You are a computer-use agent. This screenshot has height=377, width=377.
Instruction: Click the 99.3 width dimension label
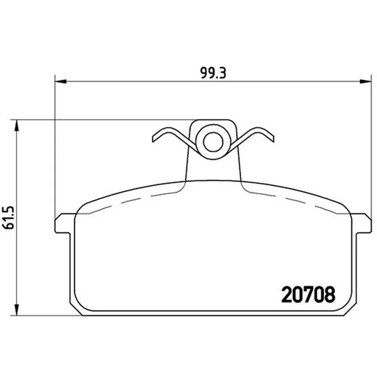[x=213, y=73]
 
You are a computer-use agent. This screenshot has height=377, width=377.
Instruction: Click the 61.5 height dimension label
[x=9, y=217]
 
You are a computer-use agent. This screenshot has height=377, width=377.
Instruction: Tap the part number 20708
[x=308, y=294]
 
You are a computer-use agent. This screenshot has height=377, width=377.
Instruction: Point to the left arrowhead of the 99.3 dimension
[x=61, y=81]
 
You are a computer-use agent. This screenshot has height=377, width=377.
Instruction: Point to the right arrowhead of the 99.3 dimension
[x=366, y=81]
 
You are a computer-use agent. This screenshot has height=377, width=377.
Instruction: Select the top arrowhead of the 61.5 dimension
[x=16, y=125]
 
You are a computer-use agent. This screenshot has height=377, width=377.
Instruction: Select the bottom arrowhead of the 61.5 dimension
[x=16, y=310]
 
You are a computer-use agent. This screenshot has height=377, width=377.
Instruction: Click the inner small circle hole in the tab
[x=213, y=142]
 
